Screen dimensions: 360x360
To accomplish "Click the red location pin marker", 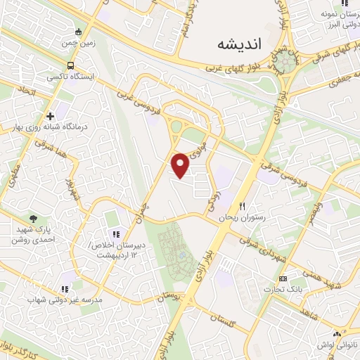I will click(181, 165).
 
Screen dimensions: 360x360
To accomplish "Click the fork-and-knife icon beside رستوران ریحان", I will click(243, 207).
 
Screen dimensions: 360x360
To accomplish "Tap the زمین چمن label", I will click(78, 44).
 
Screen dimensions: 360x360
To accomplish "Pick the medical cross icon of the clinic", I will click(50, 116).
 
